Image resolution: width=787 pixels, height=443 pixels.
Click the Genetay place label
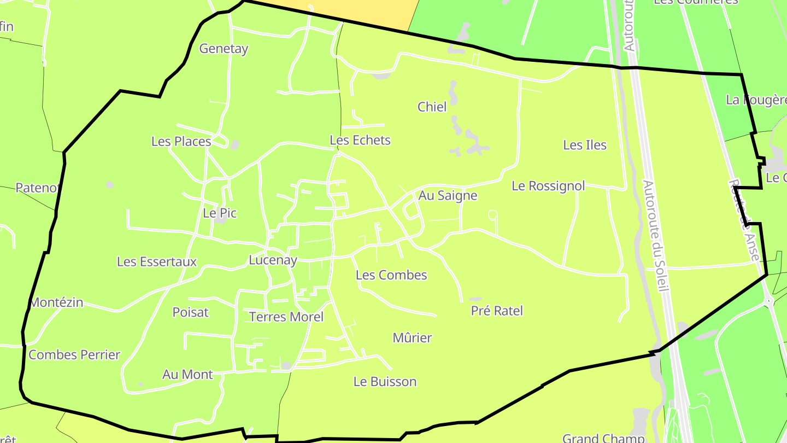(224, 49)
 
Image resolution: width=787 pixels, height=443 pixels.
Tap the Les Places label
(181, 142)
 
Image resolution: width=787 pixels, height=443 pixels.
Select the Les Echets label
(360, 141)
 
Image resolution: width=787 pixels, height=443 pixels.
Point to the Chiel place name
(432, 107)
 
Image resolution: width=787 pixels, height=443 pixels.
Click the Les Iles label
(585, 145)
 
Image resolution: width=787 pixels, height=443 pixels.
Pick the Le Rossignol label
(548, 186)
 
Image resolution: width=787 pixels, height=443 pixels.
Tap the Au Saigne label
(448, 196)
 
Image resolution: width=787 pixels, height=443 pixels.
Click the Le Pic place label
(220, 213)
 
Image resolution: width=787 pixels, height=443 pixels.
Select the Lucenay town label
(273, 260)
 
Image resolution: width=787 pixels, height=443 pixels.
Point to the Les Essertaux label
(157, 262)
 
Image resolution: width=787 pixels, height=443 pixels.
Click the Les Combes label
(391, 275)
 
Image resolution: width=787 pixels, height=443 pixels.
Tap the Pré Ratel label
(497, 311)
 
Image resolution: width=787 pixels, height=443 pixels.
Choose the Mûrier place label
(412, 338)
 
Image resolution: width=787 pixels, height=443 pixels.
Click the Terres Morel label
(286, 317)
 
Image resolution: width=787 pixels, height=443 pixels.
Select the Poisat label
(191, 312)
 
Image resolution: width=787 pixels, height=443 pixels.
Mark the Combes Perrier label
(74, 355)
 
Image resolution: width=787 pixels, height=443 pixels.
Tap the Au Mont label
(187, 375)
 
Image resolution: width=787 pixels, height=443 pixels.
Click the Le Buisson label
(385, 382)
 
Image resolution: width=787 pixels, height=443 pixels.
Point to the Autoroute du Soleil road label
(655, 235)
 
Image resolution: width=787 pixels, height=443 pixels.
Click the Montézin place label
(56, 302)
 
